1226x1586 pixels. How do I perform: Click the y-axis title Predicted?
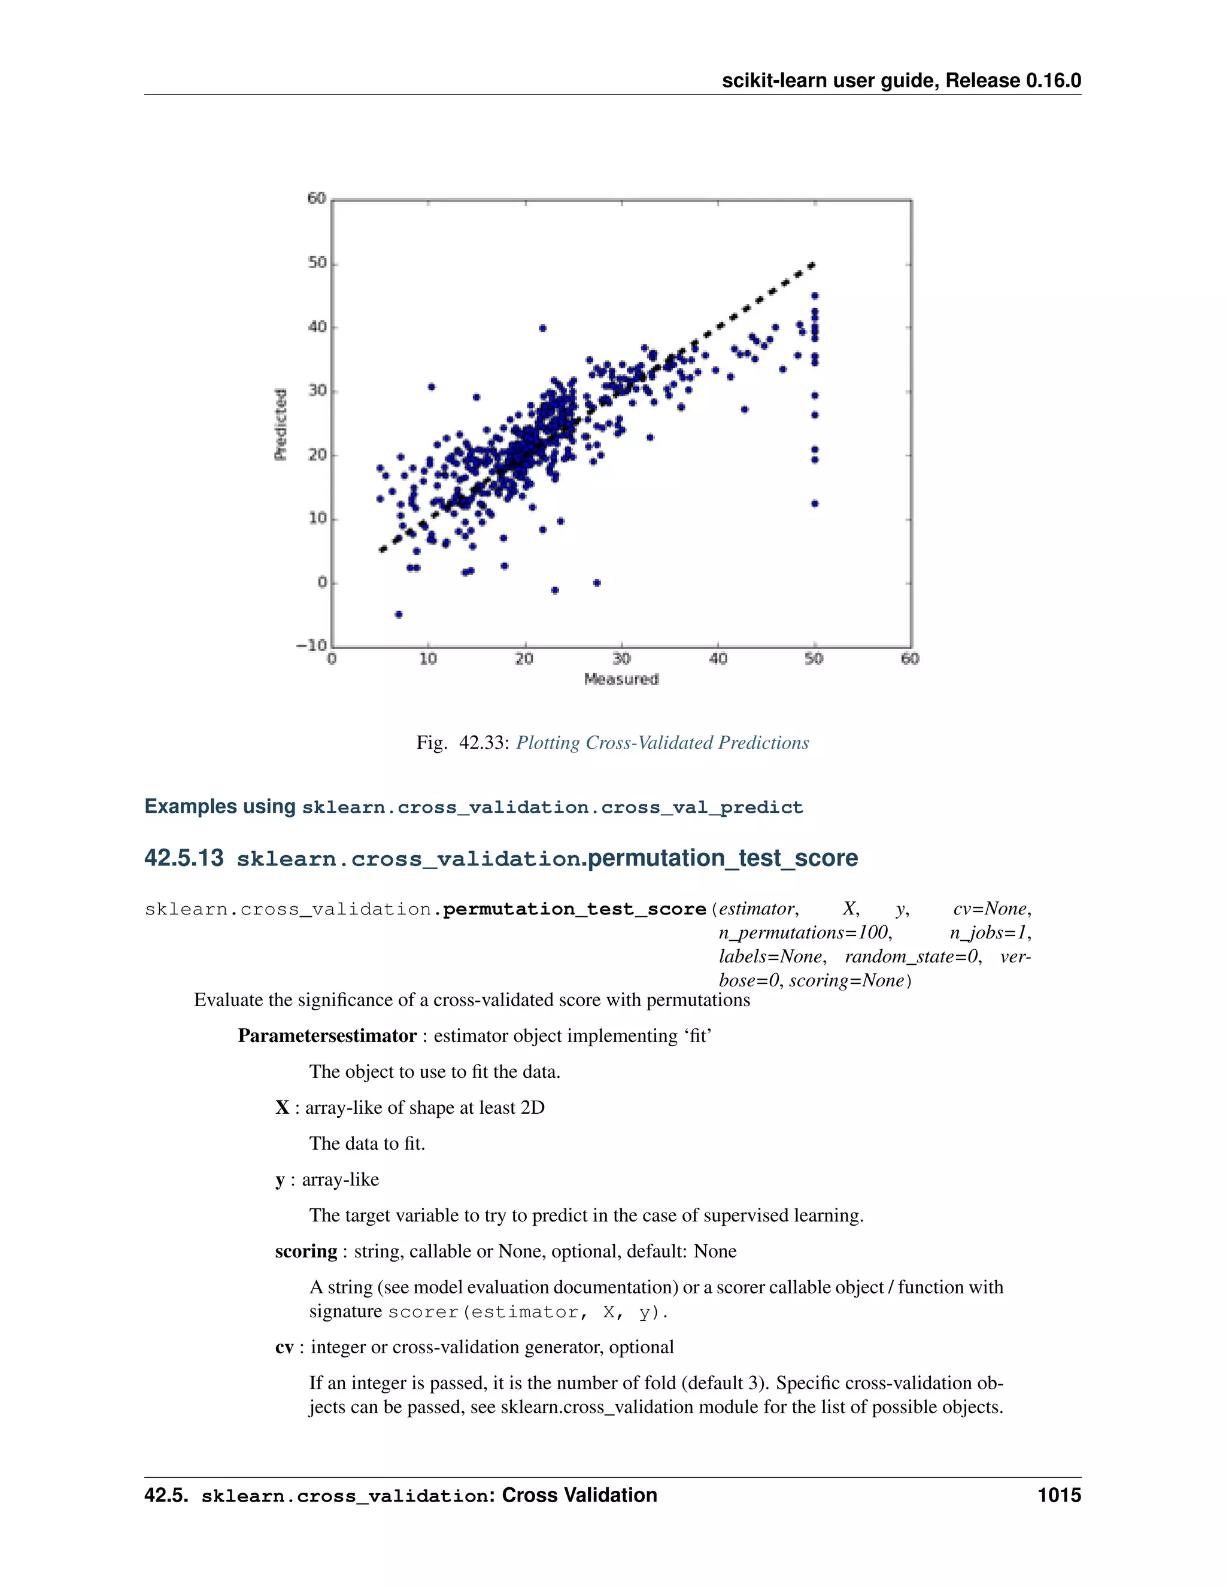pos(280,424)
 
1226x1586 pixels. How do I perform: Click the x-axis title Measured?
pos(621,679)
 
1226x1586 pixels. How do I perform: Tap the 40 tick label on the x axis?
pos(718,659)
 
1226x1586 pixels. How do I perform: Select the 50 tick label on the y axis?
pos(317,263)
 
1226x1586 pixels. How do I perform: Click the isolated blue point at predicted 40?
pos(542,328)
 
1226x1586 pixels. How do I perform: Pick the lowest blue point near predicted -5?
pos(398,615)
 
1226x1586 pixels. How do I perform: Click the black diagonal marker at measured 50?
pos(812,266)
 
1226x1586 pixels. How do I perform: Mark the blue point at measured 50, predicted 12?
pos(815,503)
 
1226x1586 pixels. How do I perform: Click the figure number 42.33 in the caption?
pos(482,743)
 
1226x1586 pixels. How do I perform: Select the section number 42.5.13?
pos(184,858)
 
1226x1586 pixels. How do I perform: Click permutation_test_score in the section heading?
pos(722,858)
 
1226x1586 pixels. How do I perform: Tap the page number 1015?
pos(1059,1495)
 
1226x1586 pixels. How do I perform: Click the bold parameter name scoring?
pos(306,1251)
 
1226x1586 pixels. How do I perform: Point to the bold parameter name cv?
pos(284,1347)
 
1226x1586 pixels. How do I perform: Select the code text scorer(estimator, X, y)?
pos(528,1312)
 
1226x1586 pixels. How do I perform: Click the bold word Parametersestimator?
pos(327,1035)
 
